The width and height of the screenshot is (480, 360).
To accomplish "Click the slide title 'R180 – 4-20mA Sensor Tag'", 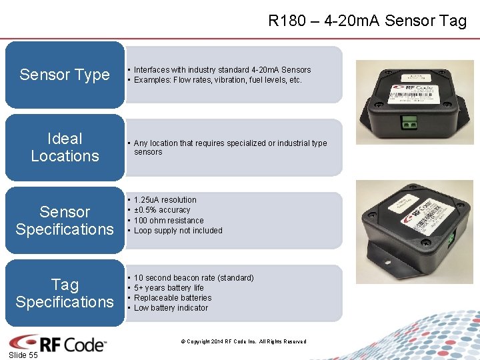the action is point(367,21).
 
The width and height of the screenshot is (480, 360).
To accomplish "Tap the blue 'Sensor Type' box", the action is point(65,75).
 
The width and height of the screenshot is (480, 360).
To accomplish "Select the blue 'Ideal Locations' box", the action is point(65,147).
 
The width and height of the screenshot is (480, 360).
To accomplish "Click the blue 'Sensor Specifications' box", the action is point(65,221).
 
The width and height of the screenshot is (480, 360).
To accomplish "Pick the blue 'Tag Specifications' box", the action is point(65,293).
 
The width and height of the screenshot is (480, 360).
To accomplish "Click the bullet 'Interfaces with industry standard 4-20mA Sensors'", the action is point(222,70).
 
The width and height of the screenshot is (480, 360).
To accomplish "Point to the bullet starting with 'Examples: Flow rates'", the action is point(218,80).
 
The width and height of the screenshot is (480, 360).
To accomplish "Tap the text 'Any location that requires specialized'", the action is point(230,143).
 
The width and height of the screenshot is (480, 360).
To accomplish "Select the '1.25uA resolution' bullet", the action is point(165,200).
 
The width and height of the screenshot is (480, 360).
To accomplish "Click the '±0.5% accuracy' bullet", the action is point(162,210).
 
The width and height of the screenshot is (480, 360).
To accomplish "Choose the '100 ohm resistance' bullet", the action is point(169,221).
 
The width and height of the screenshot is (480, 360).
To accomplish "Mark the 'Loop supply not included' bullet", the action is point(178,231).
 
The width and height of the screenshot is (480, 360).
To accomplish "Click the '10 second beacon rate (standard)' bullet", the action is point(193,278).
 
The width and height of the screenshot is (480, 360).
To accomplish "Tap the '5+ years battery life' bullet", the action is point(169,288).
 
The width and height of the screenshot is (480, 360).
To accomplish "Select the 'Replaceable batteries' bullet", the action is point(173,298).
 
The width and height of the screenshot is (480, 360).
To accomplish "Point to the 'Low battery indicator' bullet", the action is point(171,308).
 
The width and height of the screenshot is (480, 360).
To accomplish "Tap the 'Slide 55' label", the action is point(23,355).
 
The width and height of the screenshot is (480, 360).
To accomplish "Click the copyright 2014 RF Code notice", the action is point(243,342).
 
